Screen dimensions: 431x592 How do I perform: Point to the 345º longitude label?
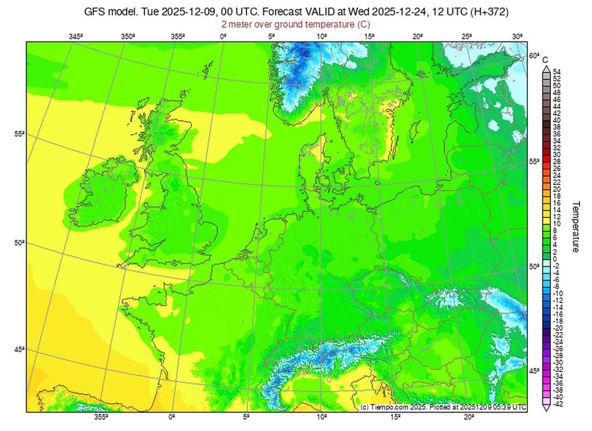tap(75, 36)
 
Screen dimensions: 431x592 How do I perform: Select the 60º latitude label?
tap(534, 56)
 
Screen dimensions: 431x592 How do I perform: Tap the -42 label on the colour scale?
tap(557, 404)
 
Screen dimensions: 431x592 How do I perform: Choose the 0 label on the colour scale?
tap(556, 259)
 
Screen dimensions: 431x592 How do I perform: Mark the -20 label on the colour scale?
tap(557, 328)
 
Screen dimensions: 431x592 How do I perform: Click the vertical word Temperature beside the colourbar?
tap(576, 226)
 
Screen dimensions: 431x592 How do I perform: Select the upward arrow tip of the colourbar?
tap(545, 67)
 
